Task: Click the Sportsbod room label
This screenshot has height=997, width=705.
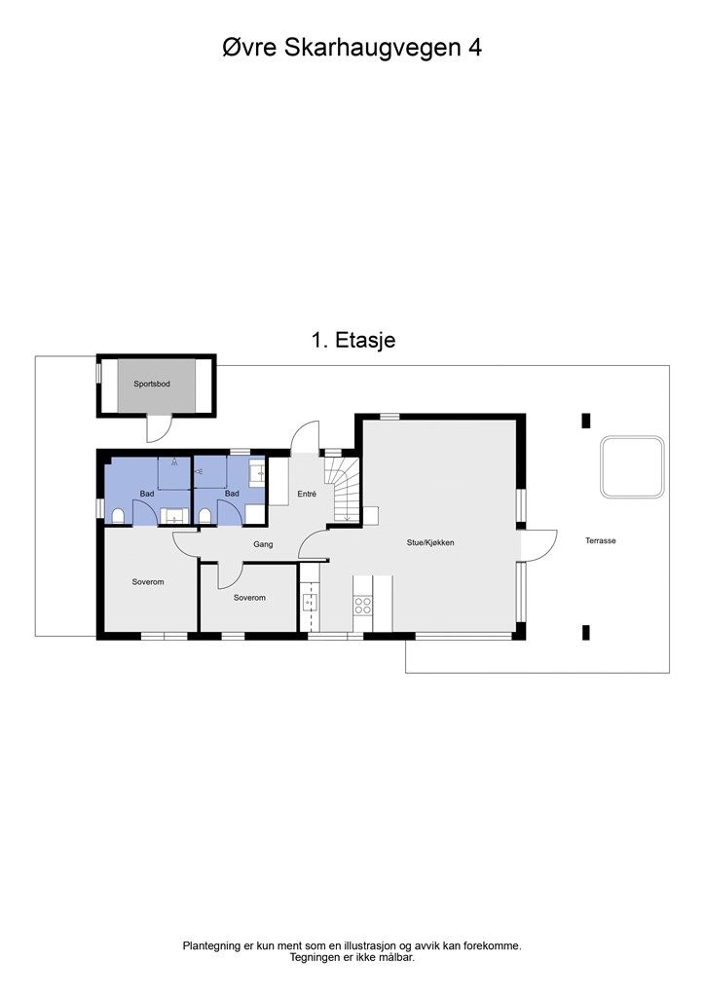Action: click(x=152, y=385)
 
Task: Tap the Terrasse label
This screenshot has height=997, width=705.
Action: click(x=600, y=540)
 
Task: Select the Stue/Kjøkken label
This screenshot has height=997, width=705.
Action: click(x=431, y=542)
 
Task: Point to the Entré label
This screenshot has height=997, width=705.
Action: click(x=307, y=495)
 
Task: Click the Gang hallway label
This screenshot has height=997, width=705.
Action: click(x=262, y=544)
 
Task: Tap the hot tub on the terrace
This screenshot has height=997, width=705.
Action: click(x=633, y=466)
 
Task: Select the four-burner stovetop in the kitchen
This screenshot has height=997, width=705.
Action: click(x=363, y=605)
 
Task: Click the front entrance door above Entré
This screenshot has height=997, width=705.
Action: click(x=306, y=436)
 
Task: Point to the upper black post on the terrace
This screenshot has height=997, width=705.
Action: click(x=585, y=421)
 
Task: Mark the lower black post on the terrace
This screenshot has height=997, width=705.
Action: click(x=585, y=633)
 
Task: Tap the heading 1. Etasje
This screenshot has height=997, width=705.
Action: click(x=352, y=340)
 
